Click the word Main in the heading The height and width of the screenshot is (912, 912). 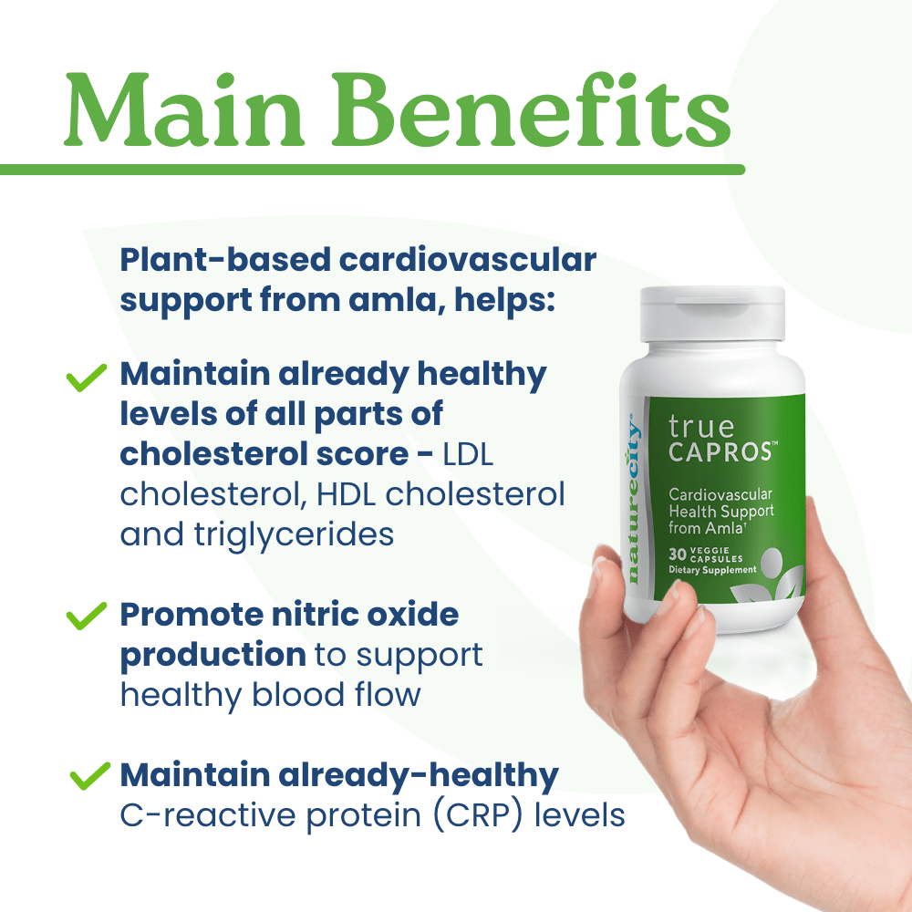click(x=184, y=110)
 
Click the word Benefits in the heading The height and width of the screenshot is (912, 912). click(x=531, y=109)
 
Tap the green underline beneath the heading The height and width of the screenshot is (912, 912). click(x=372, y=170)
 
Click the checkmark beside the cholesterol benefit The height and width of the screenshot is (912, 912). click(x=87, y=378)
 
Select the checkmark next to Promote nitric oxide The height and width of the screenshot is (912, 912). click(x=87, y=616)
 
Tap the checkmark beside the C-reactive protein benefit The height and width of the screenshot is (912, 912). click(x=90, y=776)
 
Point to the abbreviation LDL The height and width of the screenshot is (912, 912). click(x=468, y=454)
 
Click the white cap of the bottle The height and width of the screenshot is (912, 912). click(x=712, y=314)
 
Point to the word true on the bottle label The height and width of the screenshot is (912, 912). click(x=700, y=427)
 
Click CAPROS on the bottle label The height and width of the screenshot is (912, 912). click(x=721, y=452)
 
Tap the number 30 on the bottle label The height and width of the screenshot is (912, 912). click(x=677, y=554)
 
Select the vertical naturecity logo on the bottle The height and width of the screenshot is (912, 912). click(x=633, y=498)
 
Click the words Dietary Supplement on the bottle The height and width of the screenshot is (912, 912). click(x=712, y=570)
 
